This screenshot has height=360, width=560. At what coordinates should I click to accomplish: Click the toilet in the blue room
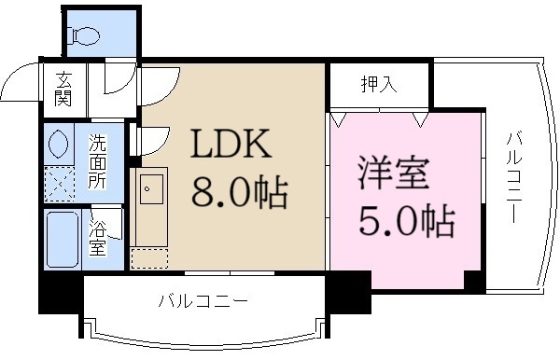click(85, 35)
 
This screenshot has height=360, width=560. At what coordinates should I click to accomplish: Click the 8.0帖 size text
click(239, 193)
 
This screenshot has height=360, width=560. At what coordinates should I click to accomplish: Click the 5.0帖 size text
click(408, 222)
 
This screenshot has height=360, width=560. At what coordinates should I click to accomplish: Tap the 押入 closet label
click(378, 85)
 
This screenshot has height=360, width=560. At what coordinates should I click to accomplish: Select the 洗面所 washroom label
click(98, 161)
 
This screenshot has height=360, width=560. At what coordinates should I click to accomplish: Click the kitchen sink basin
click(150, 193)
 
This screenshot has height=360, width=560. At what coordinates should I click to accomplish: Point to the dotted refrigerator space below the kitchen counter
click(148, 258)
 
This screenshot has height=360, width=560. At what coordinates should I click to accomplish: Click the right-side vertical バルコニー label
click(512, 177)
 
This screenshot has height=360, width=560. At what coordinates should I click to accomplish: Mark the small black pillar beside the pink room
click(473, 281)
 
